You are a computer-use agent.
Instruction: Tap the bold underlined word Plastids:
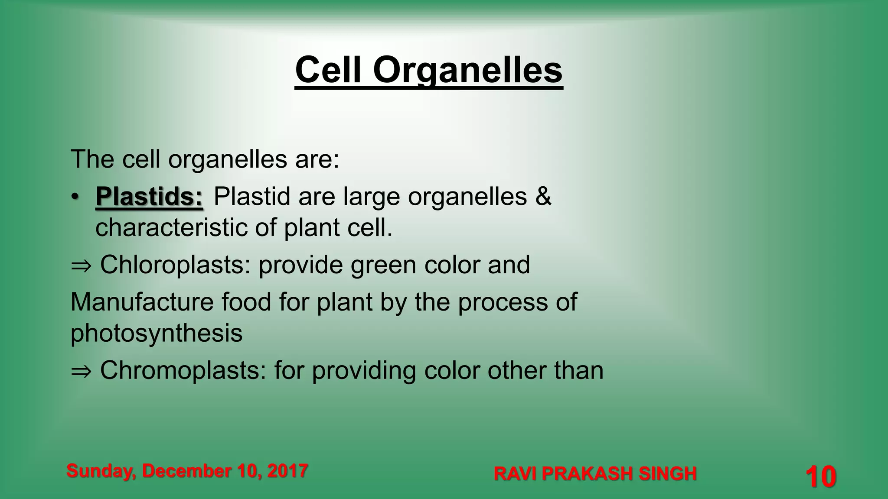pyautogui.click(x=149, y=196)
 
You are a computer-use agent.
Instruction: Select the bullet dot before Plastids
pyautogui.click(x=75, y=197)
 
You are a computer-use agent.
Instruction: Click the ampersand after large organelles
pyautogui.click(x=543, y=196)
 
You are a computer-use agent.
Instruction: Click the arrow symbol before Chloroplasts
pyautogui.click(x=81, y=266)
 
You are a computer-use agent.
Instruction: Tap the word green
pyautogui.click(x=383, y=266)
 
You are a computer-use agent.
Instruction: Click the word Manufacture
pyautogui.click(x=142, y=302)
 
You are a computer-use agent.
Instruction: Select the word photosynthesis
pyautogui.click(x=156, y=334)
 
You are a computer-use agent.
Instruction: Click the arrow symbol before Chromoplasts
pyautogui.click(x=81, y=371)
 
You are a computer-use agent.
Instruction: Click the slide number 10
pyautogui.click(x=820, y=477)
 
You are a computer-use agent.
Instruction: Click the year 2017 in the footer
pyautogui.click(x=287, y=471)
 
